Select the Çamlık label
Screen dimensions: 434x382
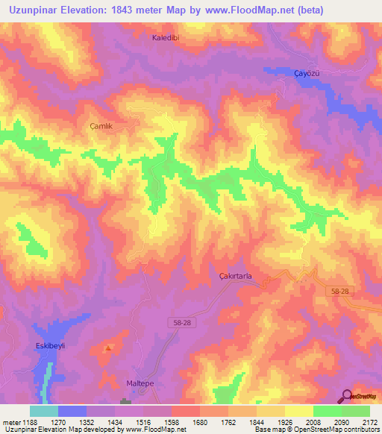(100, 127)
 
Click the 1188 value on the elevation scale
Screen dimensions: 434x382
(30, 421)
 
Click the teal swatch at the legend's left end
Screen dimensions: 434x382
(43, 411)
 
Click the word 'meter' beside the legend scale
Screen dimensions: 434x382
(10, 421)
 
